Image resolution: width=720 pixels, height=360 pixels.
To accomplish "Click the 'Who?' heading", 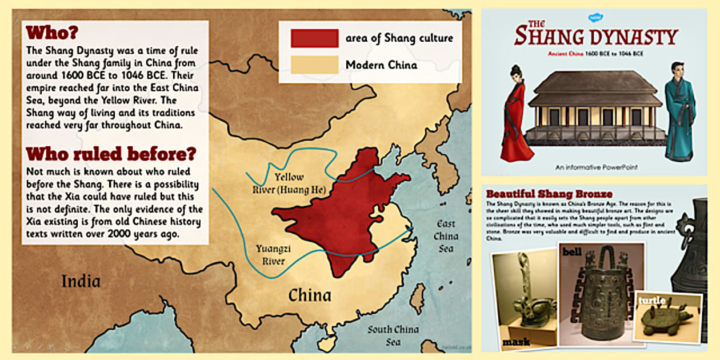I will (x=52, y=32).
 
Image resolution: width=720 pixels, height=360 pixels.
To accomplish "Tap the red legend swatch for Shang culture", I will (x=314, y=38).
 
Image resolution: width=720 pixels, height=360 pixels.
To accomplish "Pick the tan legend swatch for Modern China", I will (x=314, y=65).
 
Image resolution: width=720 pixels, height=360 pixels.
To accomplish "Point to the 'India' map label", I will (x=82, y=281).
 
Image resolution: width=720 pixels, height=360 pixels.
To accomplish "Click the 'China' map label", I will (x=309, y=295).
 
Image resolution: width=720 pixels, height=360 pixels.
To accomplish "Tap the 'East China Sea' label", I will (x=446, y=236).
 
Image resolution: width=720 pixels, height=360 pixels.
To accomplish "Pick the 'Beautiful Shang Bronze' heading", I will (x=549, y=194).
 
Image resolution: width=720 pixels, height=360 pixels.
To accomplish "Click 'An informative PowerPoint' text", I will (x=596, y=167).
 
